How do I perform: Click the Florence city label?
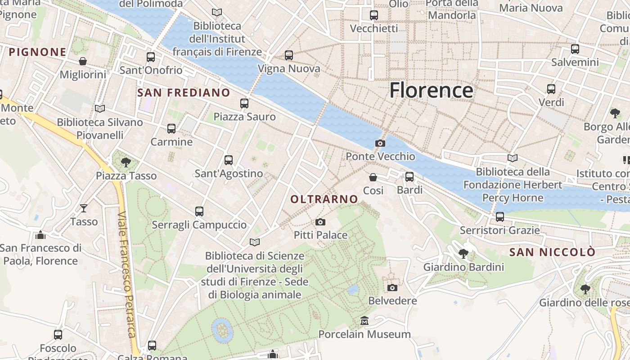click(x=431, y=90)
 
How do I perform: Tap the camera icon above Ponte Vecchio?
click(x=380, y=144)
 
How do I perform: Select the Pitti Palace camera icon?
click(x=320, y=222)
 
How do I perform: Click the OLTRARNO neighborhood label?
click(x=324, y=199)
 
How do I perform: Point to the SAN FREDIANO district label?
click(x=184, y=93)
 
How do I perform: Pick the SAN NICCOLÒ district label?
click(x=552, y=252)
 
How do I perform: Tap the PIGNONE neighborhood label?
click(x=38, y=52)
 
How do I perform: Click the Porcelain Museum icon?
click(x=364, y=321)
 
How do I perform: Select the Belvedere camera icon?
click(x=392, y=288)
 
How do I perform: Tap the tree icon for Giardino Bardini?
click(x=463, y=254)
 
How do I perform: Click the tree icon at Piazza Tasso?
click(x=126, y=162)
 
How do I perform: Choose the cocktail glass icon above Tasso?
click(x=84, y=208)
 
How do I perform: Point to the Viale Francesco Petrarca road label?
click(x=126, y=274)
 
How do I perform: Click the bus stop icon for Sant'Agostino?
click(x=229, y=160)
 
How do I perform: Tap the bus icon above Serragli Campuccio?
click(x=199, y=211)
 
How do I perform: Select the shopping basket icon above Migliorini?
click(x=83, y=61)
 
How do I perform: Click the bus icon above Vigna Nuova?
click(x=288, y=55)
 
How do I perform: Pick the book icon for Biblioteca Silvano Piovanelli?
click(x=100, y=108)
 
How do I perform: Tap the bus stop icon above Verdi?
click(x=551, y=89)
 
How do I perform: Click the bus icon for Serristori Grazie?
click(x=499, y=217)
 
